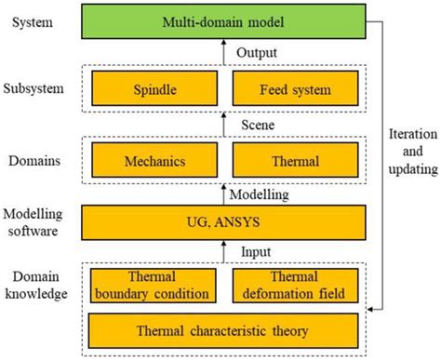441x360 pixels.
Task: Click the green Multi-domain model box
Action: [222, 20]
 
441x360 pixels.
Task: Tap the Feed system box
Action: [294, 91]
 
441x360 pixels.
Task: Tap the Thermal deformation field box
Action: [294, 285]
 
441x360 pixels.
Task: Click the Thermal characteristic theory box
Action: [222, 328]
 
